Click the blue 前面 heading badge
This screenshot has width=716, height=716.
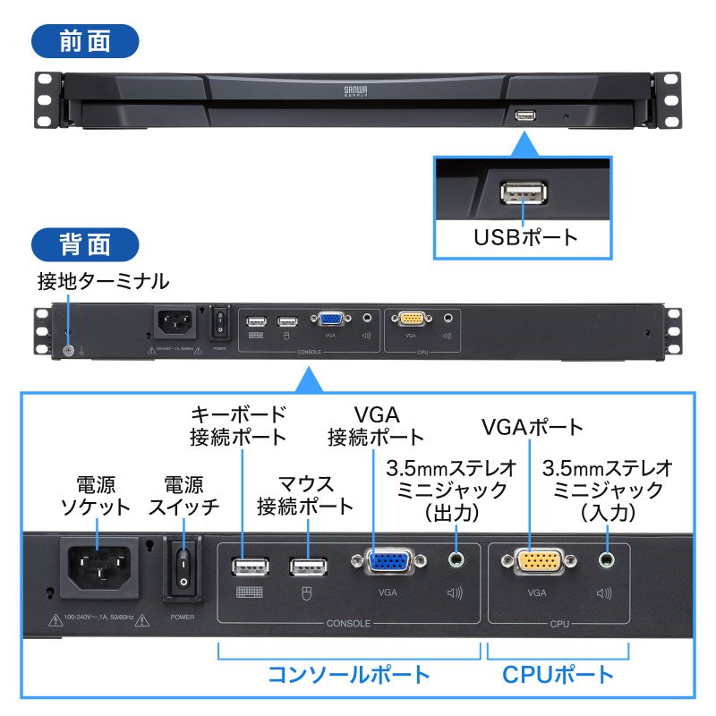click(85, 42)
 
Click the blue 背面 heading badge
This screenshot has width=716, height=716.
click(85, 244)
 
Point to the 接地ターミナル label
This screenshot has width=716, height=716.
click(103, 282)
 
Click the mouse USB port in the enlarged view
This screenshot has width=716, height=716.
click(306, 567)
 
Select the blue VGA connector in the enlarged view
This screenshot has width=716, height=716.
click(388, 562)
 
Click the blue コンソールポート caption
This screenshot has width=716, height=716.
click(350, 673)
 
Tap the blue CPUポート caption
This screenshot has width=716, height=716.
click(558, 673)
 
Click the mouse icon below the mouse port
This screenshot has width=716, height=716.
click(306, 592)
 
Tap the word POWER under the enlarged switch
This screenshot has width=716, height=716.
click(183, 617)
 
